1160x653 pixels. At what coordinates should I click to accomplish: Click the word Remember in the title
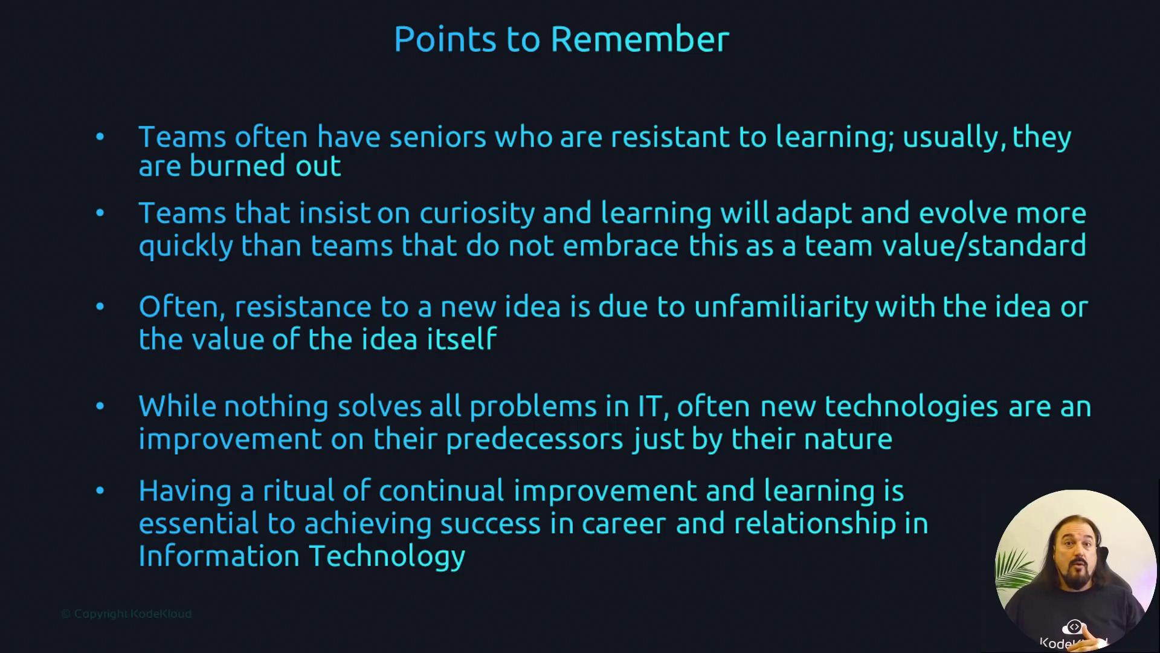pos(640,39)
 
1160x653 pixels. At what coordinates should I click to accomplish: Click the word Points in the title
pos(445,39)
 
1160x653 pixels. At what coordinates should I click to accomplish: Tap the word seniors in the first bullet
pos(437,137)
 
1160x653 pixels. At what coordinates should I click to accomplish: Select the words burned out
pos(265,166)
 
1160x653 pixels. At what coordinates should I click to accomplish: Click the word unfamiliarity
pos(781,307)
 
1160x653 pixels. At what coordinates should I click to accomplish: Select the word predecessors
pos(534,440)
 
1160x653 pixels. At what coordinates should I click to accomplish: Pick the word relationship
pos(814,524)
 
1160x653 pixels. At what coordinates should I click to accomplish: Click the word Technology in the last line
pos(387,557)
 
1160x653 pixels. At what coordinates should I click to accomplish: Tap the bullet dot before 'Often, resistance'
pos(100,307)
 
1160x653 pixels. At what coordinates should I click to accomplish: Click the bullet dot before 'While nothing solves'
pos(100,406)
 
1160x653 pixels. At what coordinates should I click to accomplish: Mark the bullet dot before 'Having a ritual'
pos(100,490)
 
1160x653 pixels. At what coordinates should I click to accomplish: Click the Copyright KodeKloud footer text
pos(126,614)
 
